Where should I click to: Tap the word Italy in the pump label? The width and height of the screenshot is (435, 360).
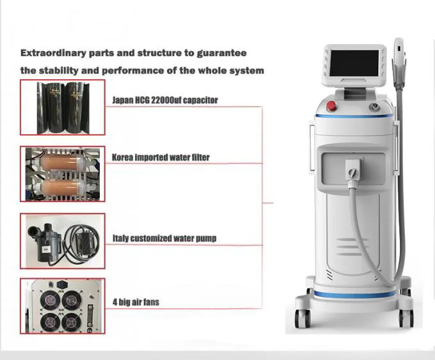pos(121,239)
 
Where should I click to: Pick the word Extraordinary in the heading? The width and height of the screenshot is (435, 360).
pos(56,53)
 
